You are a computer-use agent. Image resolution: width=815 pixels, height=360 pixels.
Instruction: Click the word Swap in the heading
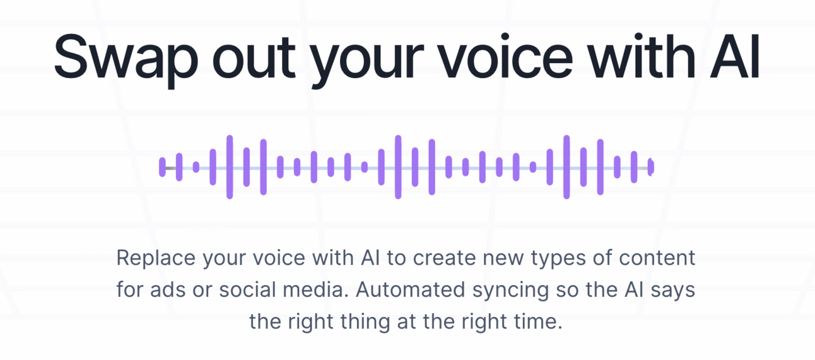126,58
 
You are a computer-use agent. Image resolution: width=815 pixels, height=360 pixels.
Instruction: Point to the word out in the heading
254,58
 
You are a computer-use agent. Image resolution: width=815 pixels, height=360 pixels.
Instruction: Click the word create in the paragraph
444,258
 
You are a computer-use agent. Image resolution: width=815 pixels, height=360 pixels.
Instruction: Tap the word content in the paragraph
657,258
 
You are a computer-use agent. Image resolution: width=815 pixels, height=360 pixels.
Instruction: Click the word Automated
410,290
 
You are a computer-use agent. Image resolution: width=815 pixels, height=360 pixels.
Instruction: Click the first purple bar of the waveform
162,167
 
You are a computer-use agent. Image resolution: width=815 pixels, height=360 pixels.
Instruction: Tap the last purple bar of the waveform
651,167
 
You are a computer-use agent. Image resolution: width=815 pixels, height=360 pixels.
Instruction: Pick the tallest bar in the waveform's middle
398,167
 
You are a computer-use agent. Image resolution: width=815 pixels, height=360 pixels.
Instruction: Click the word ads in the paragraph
168,290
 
